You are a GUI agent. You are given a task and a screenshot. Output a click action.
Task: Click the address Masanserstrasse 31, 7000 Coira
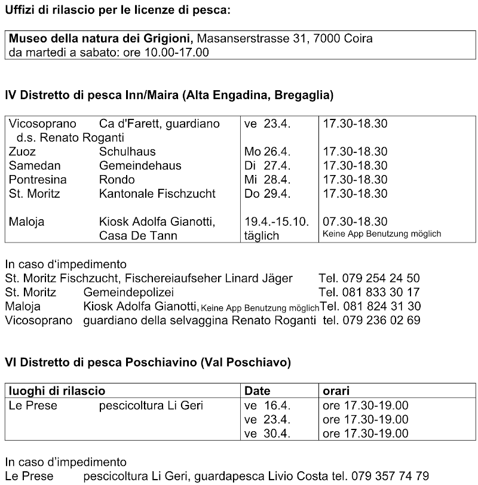[284, 39]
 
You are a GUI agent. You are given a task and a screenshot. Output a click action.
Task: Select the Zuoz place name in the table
[22, 152]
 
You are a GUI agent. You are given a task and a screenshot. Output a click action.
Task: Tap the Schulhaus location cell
[127, 152]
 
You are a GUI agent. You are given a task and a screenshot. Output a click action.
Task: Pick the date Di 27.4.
[266, 165]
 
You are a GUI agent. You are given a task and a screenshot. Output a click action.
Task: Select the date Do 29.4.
[267, 194]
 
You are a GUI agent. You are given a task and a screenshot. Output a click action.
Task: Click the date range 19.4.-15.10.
[277, 222]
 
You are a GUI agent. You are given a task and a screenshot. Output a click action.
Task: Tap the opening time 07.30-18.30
[355, 222]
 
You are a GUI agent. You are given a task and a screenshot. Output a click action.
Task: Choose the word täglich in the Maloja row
[262, 235]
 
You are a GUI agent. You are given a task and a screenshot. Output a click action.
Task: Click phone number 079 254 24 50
[381, 278]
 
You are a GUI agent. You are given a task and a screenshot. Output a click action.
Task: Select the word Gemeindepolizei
[128, 292]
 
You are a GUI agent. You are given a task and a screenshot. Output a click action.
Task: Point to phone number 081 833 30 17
[381, 292]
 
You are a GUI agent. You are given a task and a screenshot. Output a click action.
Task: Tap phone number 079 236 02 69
[381, 320]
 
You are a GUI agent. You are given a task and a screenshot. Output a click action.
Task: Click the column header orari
[336, 391]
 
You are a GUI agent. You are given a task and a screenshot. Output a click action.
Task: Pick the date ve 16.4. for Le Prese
[267, 406]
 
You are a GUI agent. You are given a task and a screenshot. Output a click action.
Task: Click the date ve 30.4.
[267, 434]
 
